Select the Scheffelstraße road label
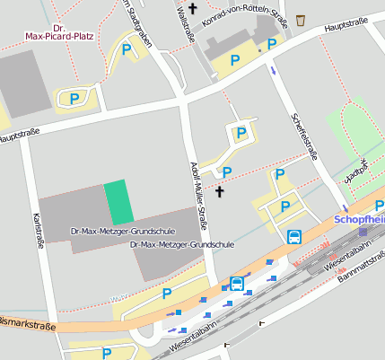305,133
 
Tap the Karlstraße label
39,230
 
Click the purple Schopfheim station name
359,218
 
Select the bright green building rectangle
118,202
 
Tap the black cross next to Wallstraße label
216,8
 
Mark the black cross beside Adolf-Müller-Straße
220,191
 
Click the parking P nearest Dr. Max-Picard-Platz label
127,49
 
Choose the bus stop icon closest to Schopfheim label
293,236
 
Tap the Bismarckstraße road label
27,325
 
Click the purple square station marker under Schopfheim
363,232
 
